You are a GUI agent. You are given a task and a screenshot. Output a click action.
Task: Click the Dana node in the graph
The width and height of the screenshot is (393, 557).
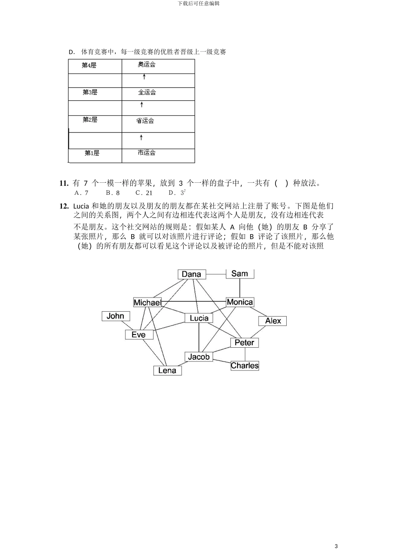192,274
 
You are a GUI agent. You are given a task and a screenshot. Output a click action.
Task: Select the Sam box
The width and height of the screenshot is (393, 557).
240,274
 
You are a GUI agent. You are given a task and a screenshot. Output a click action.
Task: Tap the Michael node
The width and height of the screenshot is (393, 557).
147,303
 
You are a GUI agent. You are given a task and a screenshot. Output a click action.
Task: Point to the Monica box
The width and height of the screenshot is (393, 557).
240,302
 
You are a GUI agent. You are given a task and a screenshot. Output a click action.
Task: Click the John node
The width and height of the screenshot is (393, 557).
115,316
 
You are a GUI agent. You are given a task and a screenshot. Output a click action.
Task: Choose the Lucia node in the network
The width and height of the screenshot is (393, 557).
199,318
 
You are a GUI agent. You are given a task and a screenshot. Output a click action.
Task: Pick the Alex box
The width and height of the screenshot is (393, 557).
273,321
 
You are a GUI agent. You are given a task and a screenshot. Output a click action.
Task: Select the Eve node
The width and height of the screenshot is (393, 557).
139,334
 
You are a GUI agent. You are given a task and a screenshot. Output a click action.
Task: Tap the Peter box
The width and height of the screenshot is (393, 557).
244,342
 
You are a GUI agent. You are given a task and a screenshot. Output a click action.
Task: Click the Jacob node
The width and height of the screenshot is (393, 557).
199,356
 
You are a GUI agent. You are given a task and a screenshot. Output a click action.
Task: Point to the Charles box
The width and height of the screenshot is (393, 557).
244,366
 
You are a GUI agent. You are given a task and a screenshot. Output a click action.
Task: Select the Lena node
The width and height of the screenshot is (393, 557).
167,371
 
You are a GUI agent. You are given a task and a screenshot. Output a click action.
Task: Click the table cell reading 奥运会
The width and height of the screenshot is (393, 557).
146,65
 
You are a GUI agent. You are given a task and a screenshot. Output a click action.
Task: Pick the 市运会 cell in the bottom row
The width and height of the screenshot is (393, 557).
146,153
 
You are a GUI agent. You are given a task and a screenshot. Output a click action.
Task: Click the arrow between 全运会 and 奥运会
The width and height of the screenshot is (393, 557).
144,77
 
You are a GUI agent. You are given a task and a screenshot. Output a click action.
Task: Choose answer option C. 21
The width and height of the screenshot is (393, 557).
144,193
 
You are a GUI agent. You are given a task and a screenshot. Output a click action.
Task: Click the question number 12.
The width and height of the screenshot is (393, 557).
64,206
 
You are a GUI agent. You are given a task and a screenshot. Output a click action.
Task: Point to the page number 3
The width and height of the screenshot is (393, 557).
336,546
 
